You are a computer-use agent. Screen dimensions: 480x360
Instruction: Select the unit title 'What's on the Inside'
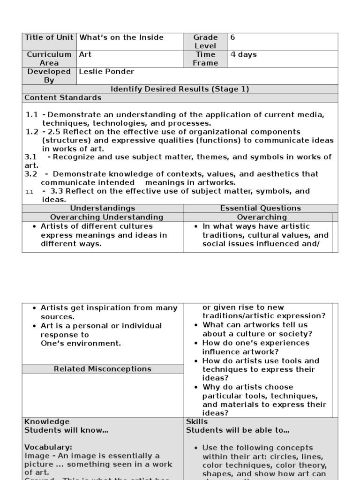121,37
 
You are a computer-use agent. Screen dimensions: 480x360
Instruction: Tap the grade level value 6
232,37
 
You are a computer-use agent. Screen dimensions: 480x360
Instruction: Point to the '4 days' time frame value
243,55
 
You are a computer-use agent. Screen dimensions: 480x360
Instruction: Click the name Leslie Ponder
106,72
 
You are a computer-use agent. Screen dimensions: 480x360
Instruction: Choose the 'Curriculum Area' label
49,59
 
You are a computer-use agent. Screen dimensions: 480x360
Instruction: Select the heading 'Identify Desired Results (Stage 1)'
180,89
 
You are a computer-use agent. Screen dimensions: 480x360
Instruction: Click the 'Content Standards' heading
63,97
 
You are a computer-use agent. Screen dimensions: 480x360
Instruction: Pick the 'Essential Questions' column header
261,208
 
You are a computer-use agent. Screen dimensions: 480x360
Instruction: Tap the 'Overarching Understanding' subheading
106,217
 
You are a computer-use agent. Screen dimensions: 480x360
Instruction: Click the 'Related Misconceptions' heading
103,369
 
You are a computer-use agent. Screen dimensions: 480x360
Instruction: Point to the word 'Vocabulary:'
48,447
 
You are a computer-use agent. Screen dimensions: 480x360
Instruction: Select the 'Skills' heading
197,421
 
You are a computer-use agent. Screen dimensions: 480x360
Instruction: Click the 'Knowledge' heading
47,421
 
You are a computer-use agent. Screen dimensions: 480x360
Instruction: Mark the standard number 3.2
30,174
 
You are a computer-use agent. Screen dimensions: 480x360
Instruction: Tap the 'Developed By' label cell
49,76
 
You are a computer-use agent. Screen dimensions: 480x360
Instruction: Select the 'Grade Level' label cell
205,42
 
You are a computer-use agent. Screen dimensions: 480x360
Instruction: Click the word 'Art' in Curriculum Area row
85,54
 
